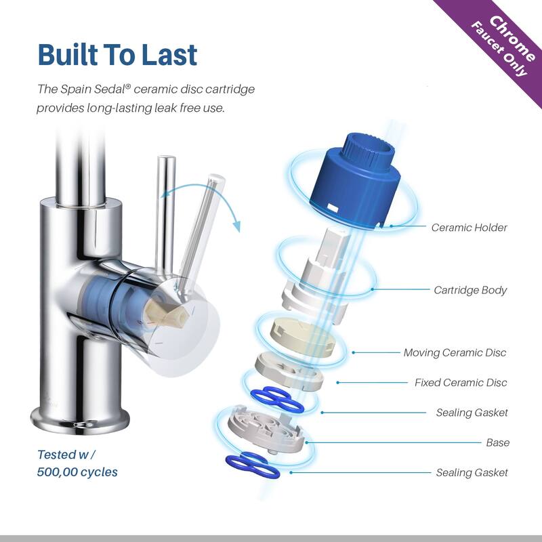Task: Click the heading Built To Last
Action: pos(117,55)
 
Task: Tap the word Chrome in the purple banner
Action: pos(513,38)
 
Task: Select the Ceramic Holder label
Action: pos(469,228)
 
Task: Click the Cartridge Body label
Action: pos(470,290)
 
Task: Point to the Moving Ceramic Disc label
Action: pos(455,352)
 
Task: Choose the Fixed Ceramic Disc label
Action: pos(461,383)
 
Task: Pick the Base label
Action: pos(498,442)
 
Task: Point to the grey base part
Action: pos(266,429)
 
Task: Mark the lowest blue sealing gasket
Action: pos(251,465)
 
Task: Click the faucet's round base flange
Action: pos(80,419)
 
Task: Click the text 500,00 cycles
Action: pos(77,472)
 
